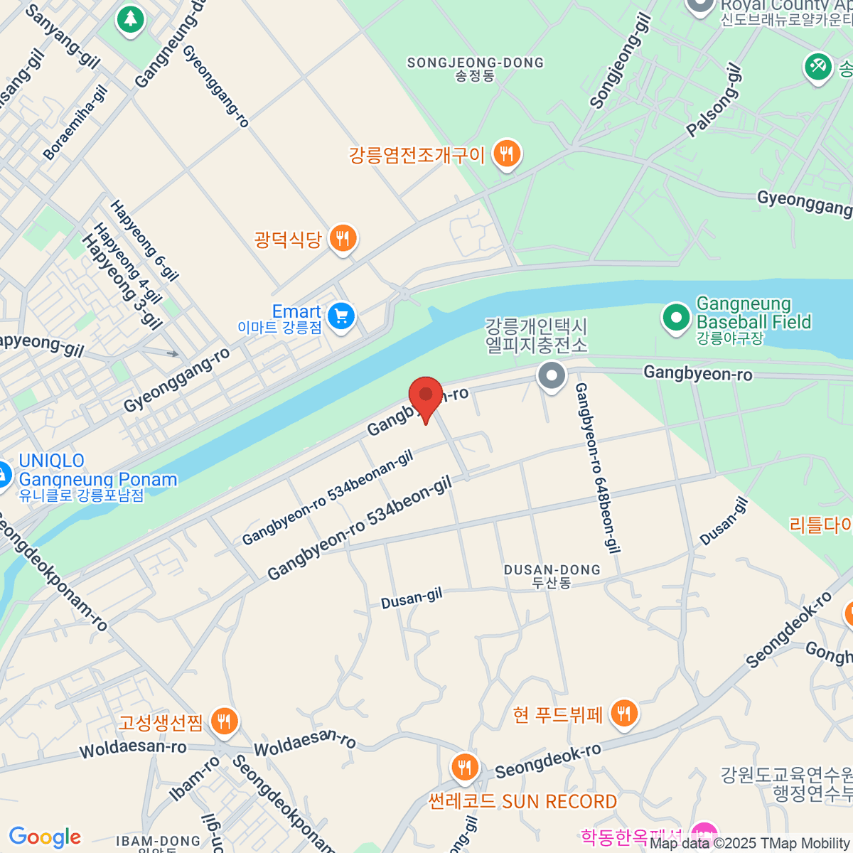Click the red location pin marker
click(x=425, y=395)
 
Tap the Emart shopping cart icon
click(x=341, y=315)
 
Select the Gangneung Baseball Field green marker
click(x=676, y=318)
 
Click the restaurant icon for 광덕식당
click(x=343, y=238)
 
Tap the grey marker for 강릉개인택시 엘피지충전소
click(x=552, y=375)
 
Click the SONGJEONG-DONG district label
click(x=475, y=68)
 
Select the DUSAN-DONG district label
click(x=552, y=576)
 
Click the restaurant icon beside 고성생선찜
click(x=224, y=721)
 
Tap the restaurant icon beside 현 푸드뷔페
click(x=623, y=712)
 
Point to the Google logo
click(x=45, y=837)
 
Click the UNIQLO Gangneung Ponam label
click(x=97, y=477)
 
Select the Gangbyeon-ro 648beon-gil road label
click(x=597, y=468)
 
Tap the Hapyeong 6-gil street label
click(x=144, y=240)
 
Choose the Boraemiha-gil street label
click(x=75, y=122)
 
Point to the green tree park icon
click(x=129, y=18)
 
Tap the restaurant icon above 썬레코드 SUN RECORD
click(x=465, y=767)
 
